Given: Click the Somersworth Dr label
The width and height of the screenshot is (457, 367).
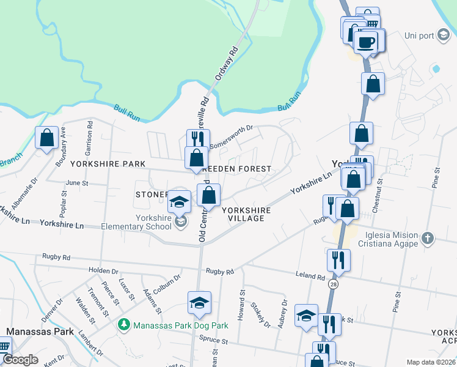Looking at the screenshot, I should [x=232, y=138].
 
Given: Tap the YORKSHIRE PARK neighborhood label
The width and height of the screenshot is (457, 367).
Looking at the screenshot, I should [x=108, y=164].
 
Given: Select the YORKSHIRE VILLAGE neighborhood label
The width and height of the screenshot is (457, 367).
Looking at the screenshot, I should [x=246, y=214].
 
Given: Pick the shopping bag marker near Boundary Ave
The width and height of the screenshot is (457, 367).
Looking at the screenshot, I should [x=47, y=138].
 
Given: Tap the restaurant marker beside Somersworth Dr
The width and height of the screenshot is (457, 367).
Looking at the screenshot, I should [x=197, y=140].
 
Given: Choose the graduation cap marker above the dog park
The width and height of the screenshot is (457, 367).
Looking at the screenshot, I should [x=199, y=303].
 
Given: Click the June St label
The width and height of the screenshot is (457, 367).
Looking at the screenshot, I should [x=77, y=183].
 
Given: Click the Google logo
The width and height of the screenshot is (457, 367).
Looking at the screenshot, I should [x=21, y=360].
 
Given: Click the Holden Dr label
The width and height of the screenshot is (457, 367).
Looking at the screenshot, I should [x=103, y=270].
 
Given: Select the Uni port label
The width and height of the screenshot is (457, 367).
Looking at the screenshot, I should [x=419, y=35].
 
